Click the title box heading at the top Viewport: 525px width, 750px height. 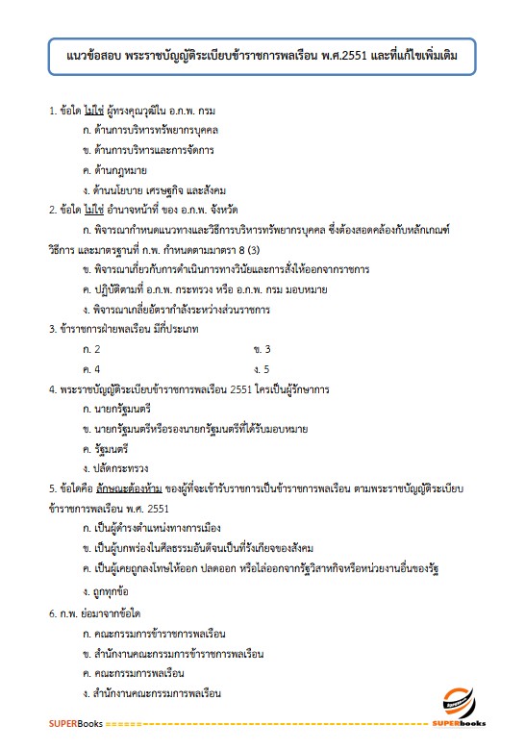pyautogui.click(x=262, y=57)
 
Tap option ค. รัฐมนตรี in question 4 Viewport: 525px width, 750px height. pyautogui.click(x=113, y=447)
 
